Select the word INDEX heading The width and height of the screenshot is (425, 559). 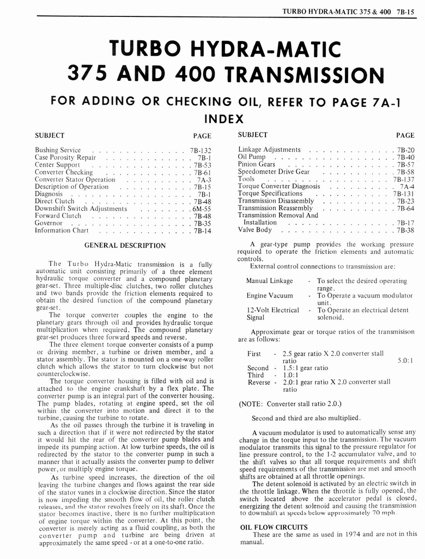tap(223, 118)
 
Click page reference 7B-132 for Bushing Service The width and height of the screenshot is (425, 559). tap(200, 151)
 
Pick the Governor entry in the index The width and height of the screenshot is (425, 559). tap(48, 223)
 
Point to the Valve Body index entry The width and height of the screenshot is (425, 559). tap(254, 230)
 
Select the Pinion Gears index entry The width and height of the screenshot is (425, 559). tap(257, 164)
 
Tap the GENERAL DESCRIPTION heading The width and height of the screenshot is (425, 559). tap(125, 246)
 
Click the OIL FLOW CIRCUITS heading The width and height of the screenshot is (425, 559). tap(274, 527)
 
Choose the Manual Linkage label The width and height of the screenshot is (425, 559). tap(269, 281)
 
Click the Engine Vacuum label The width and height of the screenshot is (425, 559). tap(270, 295)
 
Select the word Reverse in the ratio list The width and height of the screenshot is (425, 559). tap(259, 382)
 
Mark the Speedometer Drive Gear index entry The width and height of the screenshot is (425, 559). tap(274, 171)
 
